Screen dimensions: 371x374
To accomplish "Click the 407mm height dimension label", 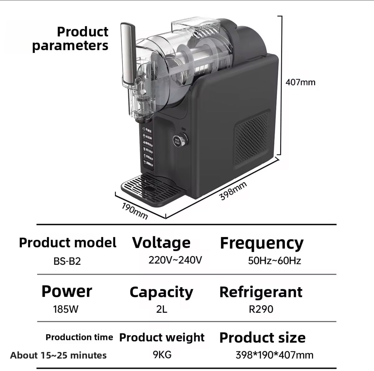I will click(300, 82).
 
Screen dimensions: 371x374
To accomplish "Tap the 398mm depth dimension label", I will click(233, 191).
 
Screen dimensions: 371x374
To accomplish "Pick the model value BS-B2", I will click(67, 261).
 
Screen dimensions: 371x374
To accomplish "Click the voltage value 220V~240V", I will click(175, 260).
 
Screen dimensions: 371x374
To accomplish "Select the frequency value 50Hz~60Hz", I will click(274, 260).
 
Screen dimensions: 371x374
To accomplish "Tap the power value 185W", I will click(65, 309).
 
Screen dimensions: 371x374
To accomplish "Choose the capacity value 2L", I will click(161, 309).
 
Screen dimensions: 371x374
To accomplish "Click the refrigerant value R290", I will click(261, 309).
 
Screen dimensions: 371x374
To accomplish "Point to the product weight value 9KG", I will click(162, 354).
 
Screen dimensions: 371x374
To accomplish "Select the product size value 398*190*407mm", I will click(274, 355).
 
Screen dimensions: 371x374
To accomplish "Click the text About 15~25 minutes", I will click(58, 355).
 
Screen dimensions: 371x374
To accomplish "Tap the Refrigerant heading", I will click(261, 292).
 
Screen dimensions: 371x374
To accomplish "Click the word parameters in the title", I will click(70, 46).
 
